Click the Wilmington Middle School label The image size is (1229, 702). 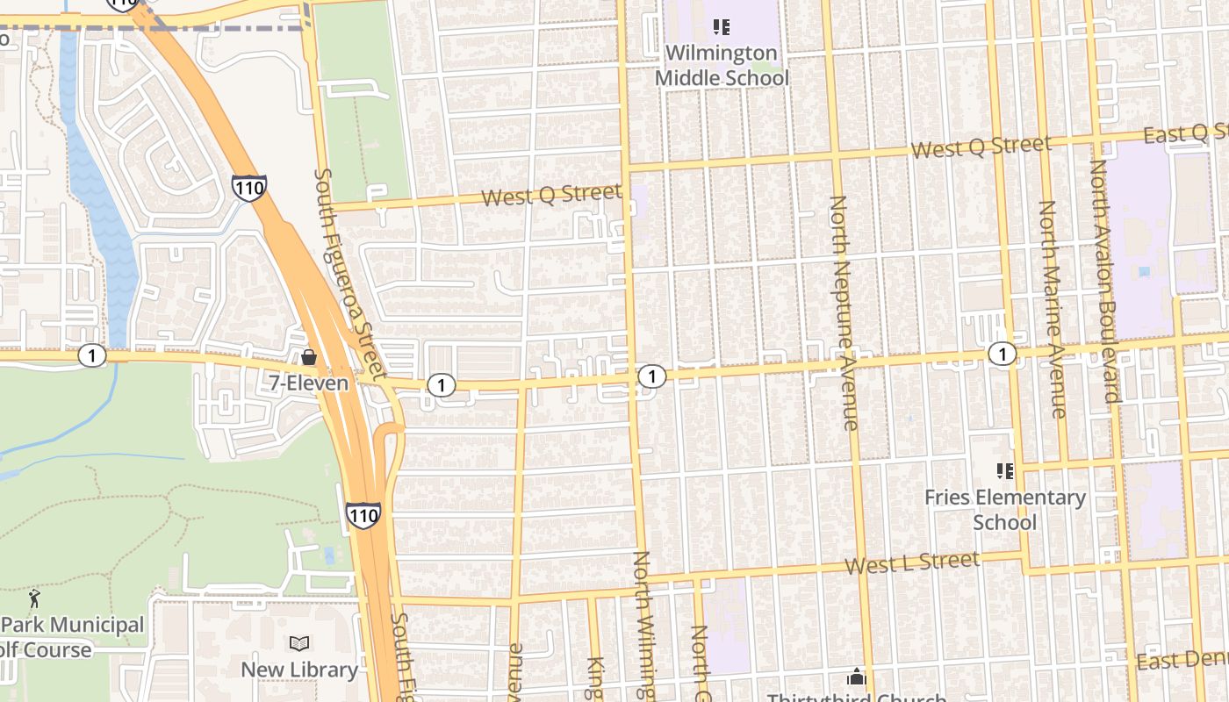click(722, 66)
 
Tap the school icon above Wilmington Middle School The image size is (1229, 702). click(722, 27)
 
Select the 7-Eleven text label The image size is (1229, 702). click(308, 383)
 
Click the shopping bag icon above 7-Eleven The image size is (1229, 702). click(308, 357)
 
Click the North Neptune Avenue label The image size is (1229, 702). click(844, 313)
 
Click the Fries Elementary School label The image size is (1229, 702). click(1005, 510)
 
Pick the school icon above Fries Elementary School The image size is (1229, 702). click(1005, 471)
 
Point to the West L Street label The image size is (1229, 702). click(912, 562)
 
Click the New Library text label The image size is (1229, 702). click(299, 670)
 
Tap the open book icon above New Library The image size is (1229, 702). click(299, 643)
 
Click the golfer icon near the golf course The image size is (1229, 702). click(34, 599)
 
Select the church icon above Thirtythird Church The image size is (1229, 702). click(856, 677)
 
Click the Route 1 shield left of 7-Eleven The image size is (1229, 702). click(91, 355)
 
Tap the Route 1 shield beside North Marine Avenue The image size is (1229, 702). click(1002, 354)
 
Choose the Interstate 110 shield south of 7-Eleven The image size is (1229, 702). click(363, 514)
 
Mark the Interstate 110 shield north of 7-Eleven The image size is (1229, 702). click(249, 187)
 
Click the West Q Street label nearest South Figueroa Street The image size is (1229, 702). click(551, 195)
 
